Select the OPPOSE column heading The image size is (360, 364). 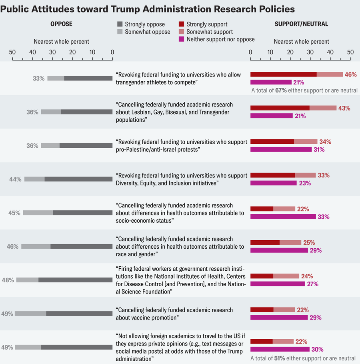[61, 24]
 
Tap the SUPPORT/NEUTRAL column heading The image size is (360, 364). [301, 24]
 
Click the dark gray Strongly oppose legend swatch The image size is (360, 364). [120, 24]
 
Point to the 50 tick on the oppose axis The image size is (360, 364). [12, 52]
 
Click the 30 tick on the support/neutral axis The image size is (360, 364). [310, 52]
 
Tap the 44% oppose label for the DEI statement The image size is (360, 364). [15, 179]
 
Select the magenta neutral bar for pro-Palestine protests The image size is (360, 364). [281, 149]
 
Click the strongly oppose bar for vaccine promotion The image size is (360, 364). [79, 314]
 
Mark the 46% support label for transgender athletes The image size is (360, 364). [350, 74]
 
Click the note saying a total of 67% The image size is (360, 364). [304, 90]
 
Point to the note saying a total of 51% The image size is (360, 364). [303, 358]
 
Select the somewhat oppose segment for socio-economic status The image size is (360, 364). [38, 213]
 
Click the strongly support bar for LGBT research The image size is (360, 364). [280, 108]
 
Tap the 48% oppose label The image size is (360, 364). [8, 280]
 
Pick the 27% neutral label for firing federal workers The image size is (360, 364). [312, 284]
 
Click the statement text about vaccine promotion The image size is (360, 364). [174, 314]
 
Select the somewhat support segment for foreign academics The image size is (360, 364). [283, 342]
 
